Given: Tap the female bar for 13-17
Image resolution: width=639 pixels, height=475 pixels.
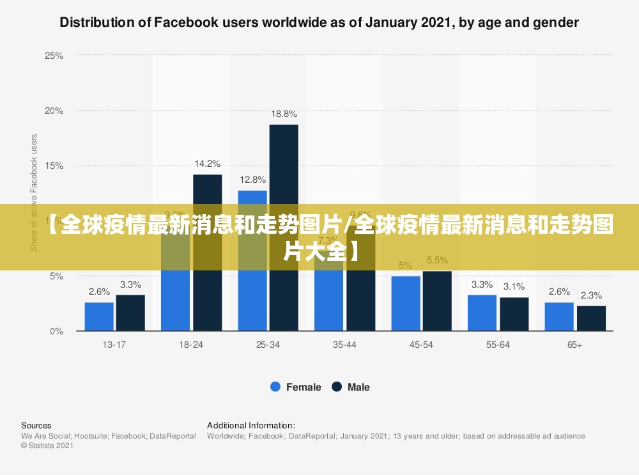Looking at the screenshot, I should pyautogui.click(x=99, y=316).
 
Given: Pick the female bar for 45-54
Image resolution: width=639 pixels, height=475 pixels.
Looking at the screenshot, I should pyautogui.click(x=406, y=303).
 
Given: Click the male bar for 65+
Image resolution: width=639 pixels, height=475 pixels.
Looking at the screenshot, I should pyautogui.click(x=591, y=318).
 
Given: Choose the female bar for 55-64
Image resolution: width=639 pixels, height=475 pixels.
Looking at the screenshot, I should pyautogui.click(x=482, y=313).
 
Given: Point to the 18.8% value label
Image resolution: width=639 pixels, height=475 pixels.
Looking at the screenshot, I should pyautogui.click(x=284, y=114).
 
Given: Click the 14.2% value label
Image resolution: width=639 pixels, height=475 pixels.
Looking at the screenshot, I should pyautogui.click(x=208, y=164).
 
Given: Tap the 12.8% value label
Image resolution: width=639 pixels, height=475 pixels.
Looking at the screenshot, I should pyautogui.click(x=252, y=180).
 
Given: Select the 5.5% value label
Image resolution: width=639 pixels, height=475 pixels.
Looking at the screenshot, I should pyautogui.click(x=437, y=260).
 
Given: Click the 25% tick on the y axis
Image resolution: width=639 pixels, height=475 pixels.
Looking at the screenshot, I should pyautogui.click(x=54, y=56).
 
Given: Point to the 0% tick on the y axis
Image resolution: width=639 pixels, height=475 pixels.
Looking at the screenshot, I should pyautogui.click(x=57, y=331).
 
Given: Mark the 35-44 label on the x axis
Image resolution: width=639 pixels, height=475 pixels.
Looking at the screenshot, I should pyautogui.click(x=344, y=345).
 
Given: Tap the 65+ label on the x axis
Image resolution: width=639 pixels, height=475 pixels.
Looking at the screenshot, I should pyautogui.click(x=574, y=345).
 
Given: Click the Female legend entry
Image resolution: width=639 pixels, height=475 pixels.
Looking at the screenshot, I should pyautogui.click(x=296, y=387).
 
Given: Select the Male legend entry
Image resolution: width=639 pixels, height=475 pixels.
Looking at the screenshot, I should pyautogui.click(x=351, y=387).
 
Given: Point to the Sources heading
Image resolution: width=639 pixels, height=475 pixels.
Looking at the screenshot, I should pyautogui.click(x=36, y=425).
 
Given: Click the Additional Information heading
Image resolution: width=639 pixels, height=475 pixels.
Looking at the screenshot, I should pyautogui.click(x=250, y=425).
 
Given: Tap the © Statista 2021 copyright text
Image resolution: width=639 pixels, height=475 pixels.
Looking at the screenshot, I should pyautogui.click(x=47, y=446).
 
